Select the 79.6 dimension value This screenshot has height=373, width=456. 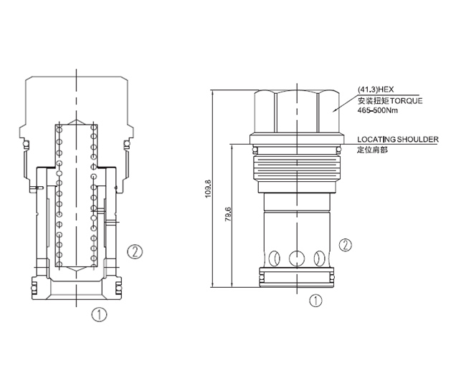tap(229, 215)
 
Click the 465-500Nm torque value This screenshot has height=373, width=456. tap(378, 110)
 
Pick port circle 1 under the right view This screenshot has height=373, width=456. tap(315, 301)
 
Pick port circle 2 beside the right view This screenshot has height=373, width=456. tap(345, 246)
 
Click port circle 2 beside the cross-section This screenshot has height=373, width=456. tap(133, 251)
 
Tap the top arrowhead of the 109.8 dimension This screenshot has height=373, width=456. tap(214, 91)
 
